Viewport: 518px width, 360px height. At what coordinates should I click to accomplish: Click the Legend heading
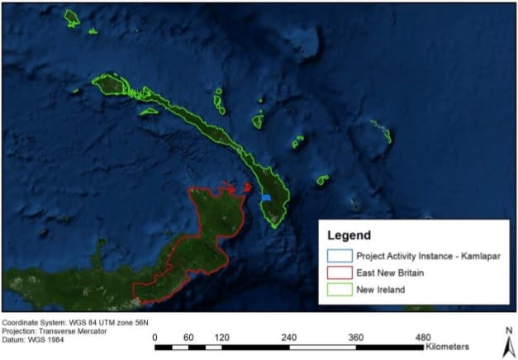(x=349, y=234)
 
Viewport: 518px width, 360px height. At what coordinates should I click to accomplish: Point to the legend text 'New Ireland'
(x=379, y=290)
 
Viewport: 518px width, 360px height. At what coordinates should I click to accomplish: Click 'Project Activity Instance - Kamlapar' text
(x=428, y=256)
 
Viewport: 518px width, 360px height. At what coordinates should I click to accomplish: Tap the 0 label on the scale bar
(x=155, y=337)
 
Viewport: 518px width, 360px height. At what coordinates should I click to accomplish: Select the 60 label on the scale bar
(x=188, y=337)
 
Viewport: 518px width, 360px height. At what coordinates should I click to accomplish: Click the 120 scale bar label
(x=221, y=337)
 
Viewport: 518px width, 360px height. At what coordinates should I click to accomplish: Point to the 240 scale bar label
(x=288, y=337)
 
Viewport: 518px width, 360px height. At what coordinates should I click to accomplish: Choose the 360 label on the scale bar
(x=356, y=337)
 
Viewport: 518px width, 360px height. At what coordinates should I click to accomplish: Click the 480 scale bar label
(x=423, y=337)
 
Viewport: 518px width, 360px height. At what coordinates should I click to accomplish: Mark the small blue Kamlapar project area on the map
(x=267, y=199)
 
